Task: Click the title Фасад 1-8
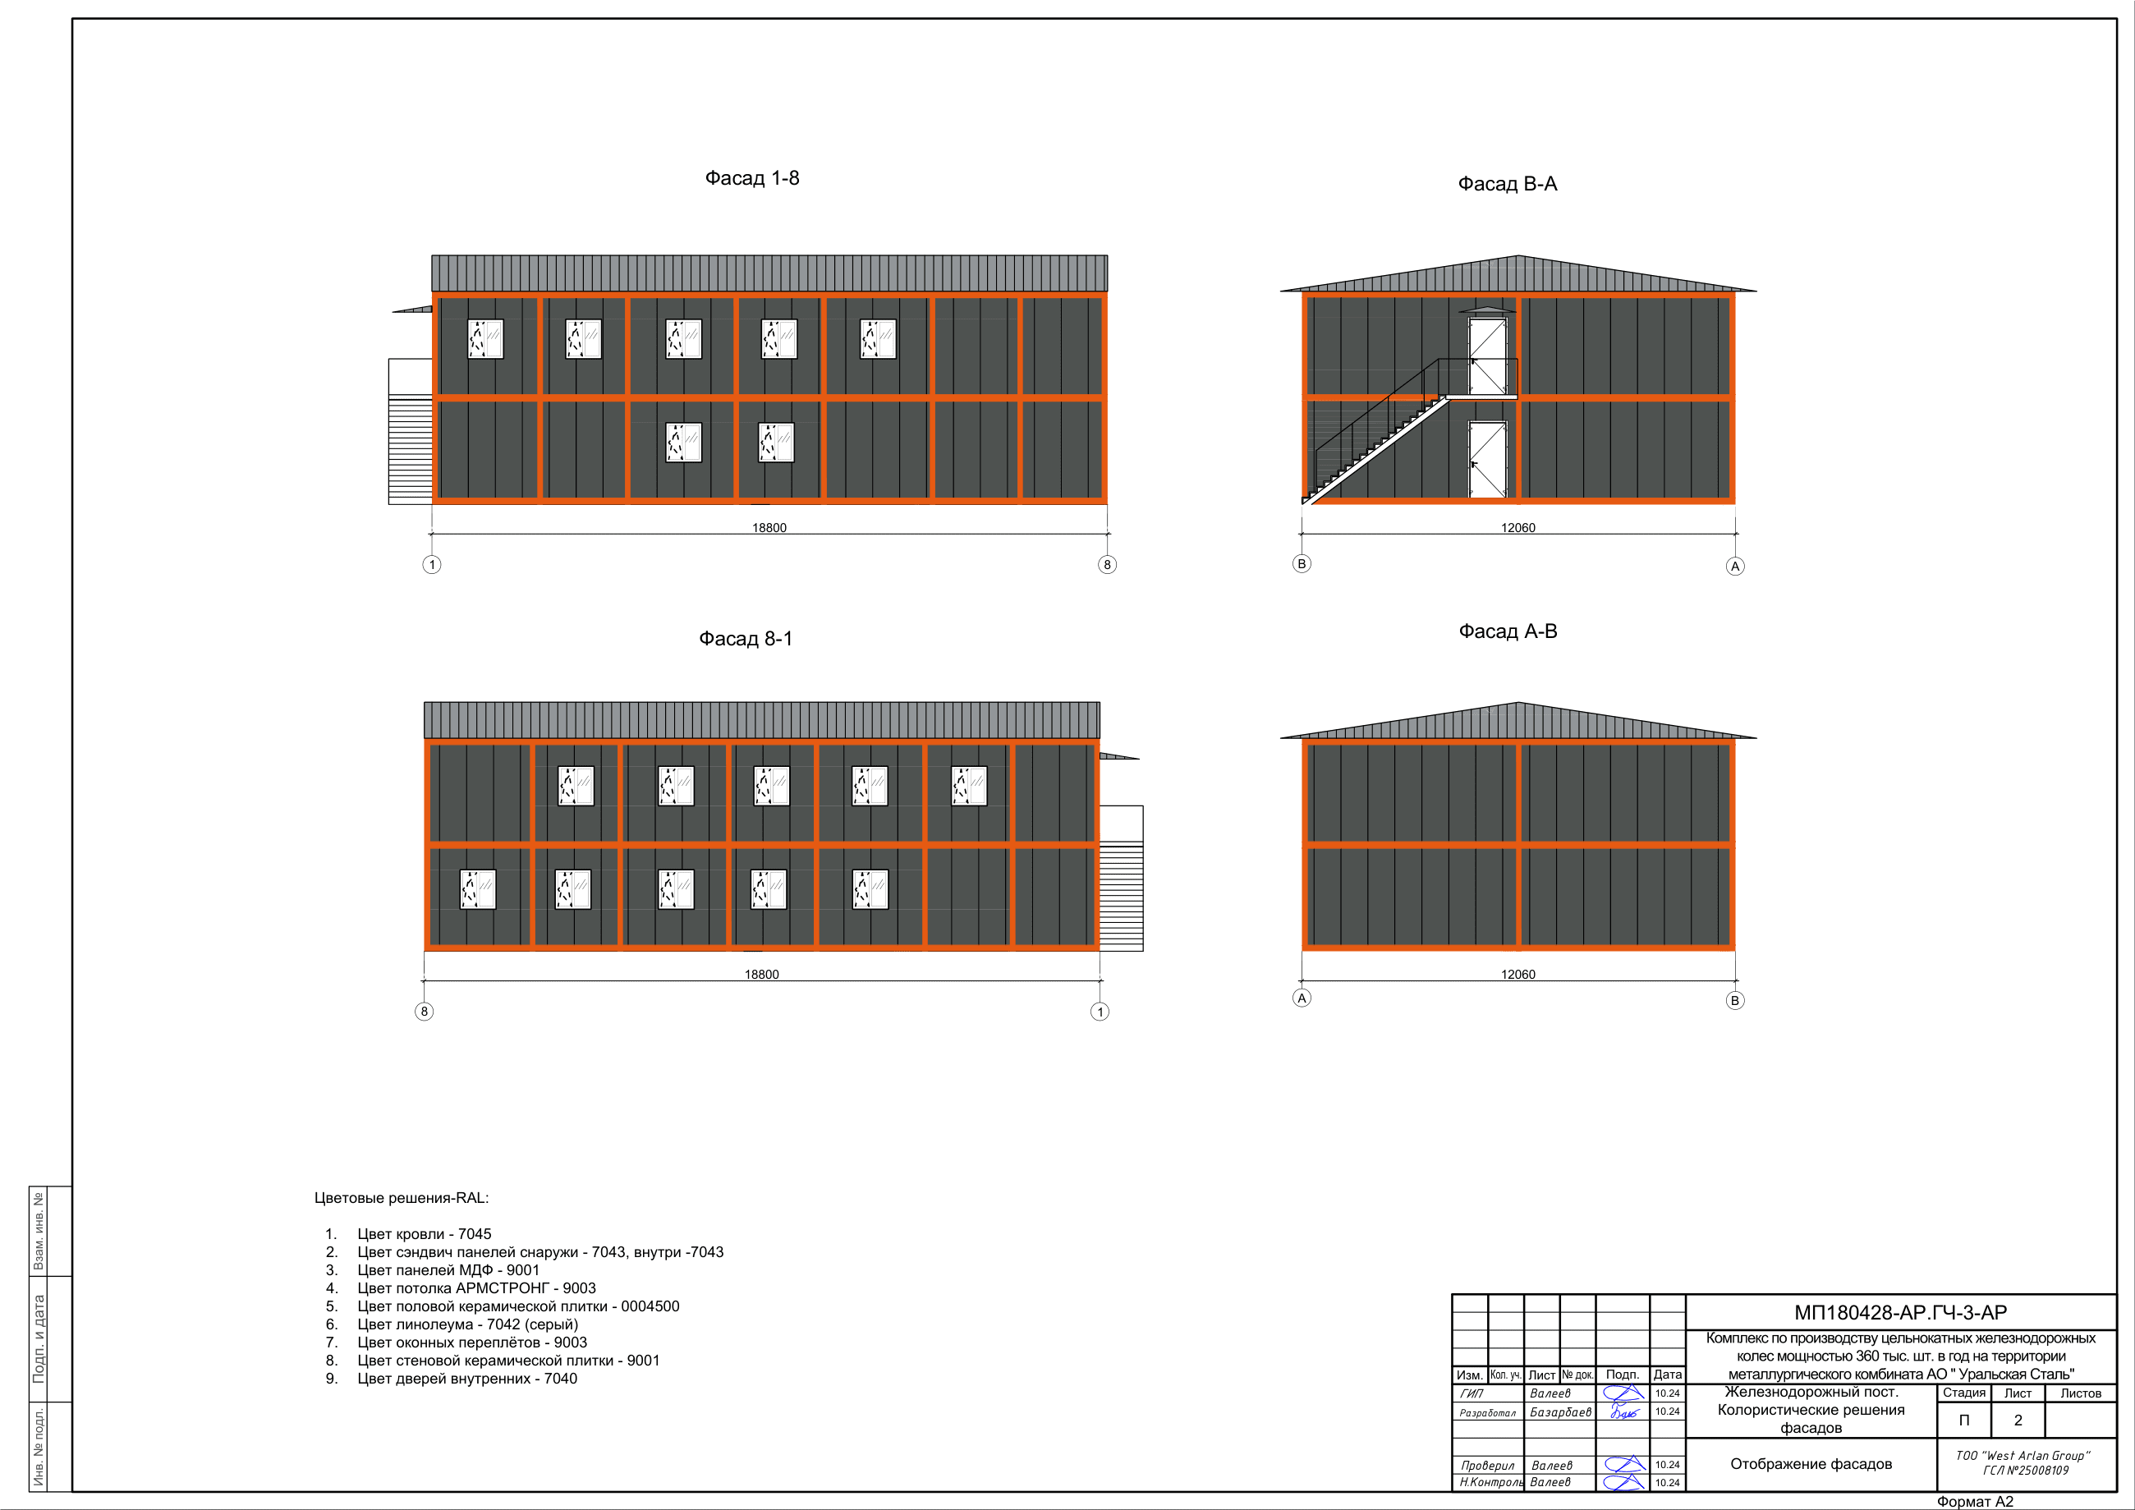751,178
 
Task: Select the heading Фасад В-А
1508,184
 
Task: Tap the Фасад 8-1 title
746,639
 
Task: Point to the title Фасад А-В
1508,631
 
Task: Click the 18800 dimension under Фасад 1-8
769,527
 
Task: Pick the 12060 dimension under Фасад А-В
1517,975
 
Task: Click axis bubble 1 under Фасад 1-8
431,564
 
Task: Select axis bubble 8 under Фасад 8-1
424,1012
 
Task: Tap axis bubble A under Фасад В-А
1735,567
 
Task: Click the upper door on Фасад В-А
1488,356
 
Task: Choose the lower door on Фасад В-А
1488,459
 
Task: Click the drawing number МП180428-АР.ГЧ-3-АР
1901,1313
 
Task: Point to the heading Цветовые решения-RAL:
402,1198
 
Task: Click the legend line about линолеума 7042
452,1324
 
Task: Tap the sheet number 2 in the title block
2018,1420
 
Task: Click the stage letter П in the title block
1964,1420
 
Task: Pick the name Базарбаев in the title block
1560,1411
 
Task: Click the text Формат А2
1975,1502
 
